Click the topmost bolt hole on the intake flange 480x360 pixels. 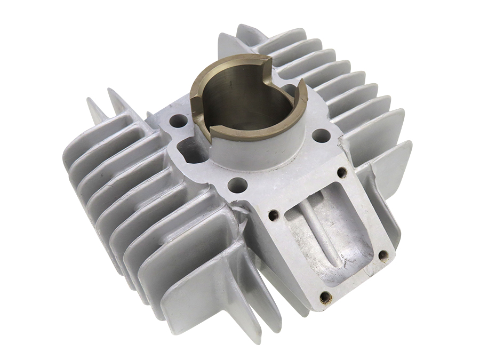(342, 172)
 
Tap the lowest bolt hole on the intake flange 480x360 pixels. (325, 297)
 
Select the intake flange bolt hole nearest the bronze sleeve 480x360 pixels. (274, 215)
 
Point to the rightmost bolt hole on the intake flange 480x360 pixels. (383, 255)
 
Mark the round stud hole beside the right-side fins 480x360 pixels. (320, 135)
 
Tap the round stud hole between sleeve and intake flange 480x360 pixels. (237, 185)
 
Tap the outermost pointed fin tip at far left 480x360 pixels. (91, 107)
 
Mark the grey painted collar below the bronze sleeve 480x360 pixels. (256, 155)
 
